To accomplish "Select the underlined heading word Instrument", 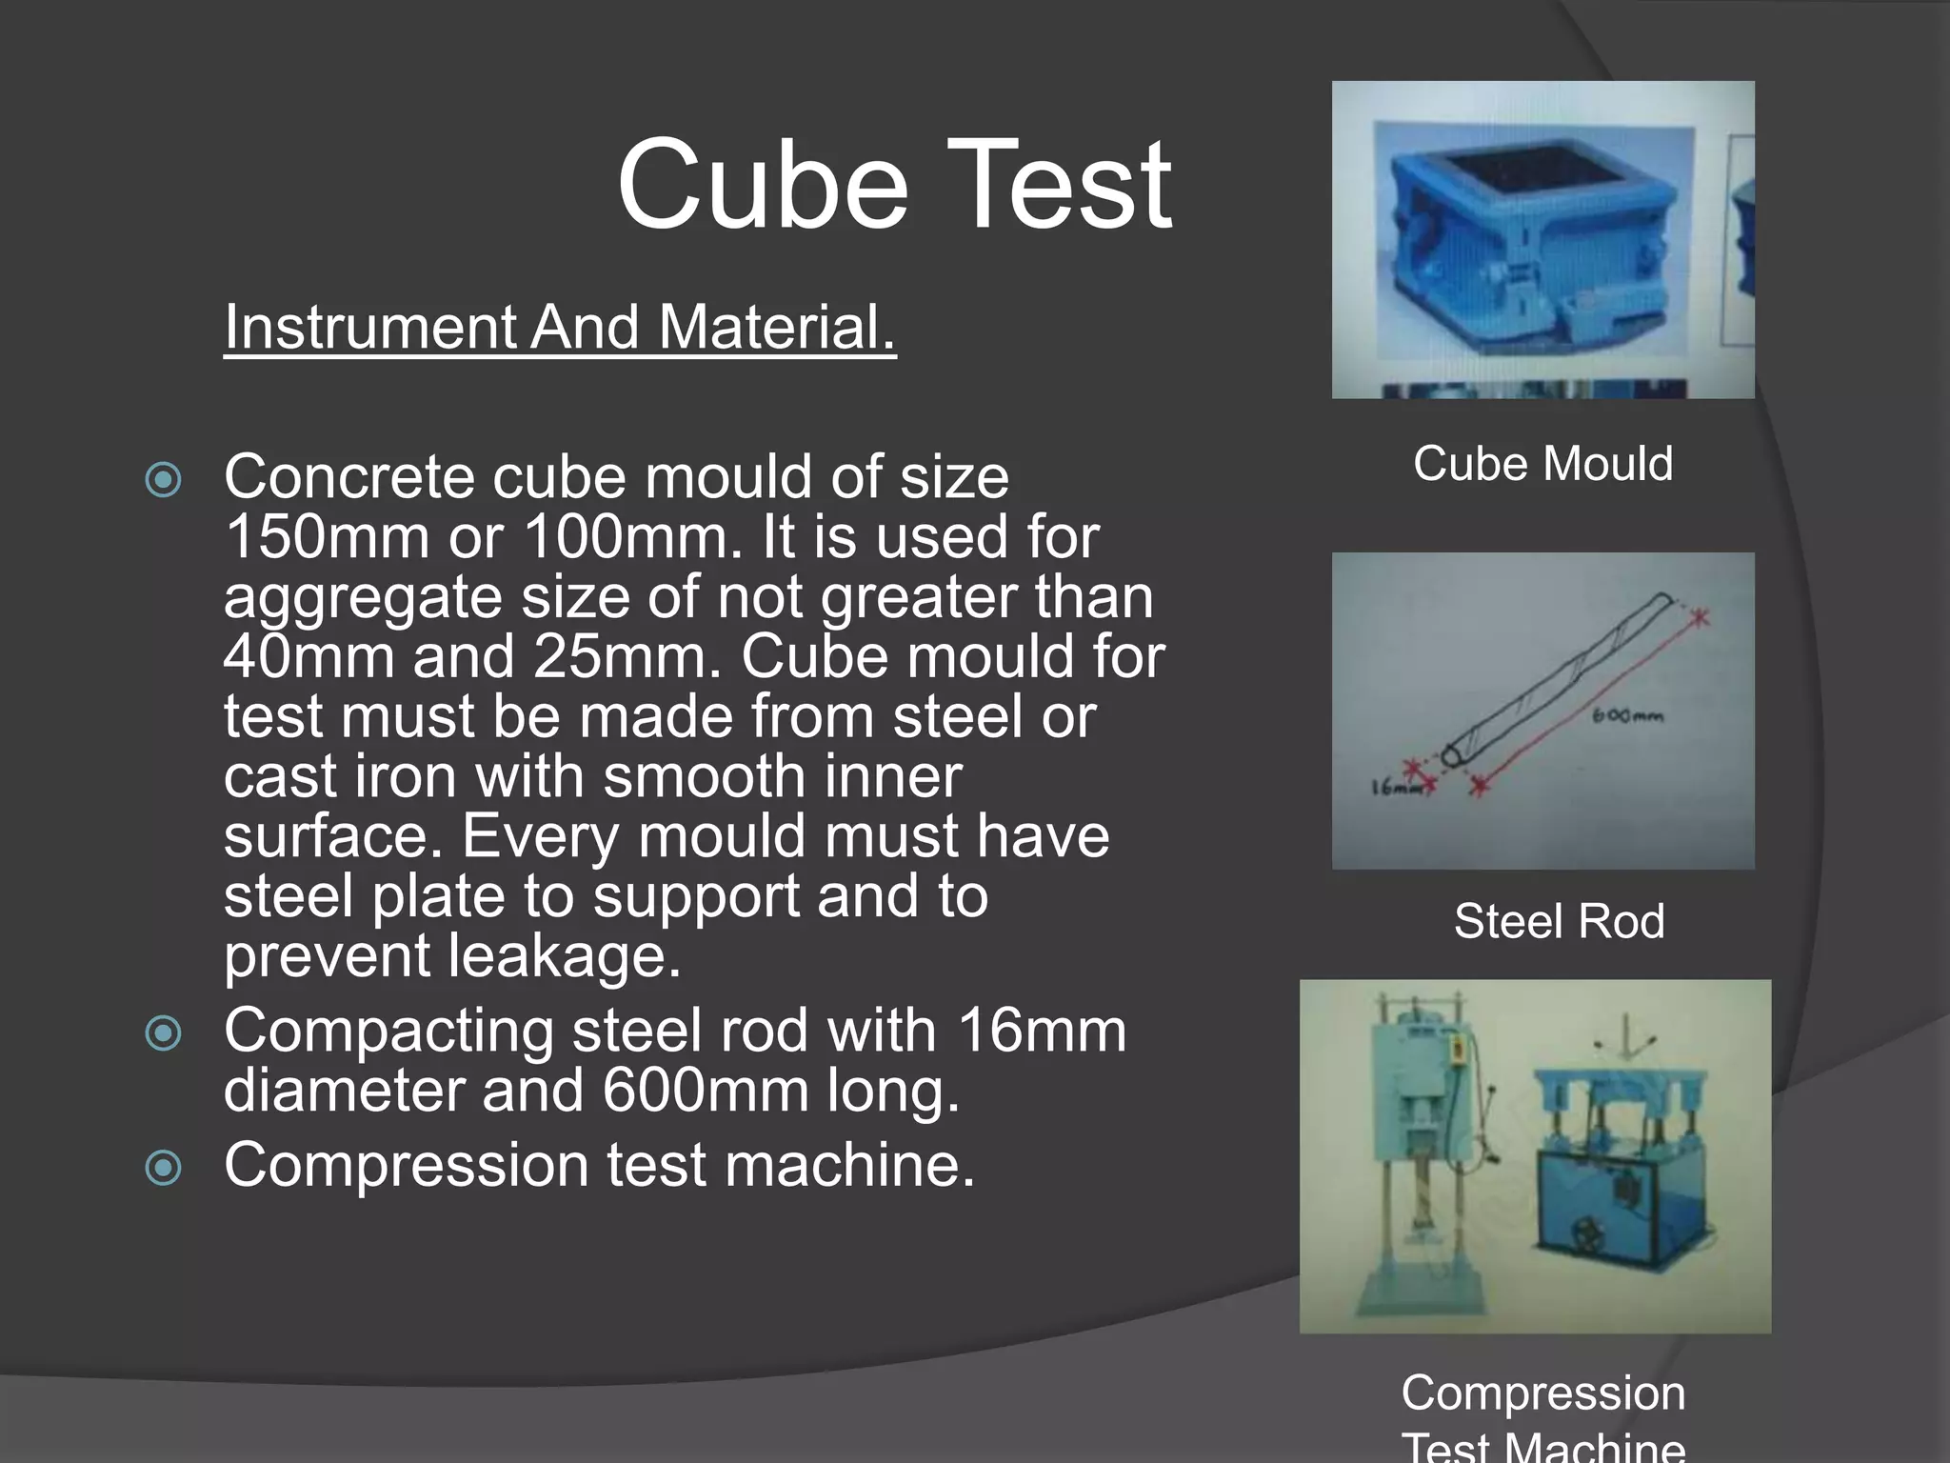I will pyautogui.click(x=369, y=327).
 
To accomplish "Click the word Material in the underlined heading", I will pyautogui.click(x=777, y=327).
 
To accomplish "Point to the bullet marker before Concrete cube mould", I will pyautogui.click(x=163, y=479).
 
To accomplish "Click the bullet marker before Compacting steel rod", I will pyautogui.click(x=163, y=1032).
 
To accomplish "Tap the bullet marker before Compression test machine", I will pyautogui.click(x=163, y=1167).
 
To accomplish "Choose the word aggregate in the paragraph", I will pyautogui.click(x=363, y=597).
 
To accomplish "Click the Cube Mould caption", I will pyautogui.click(x=1542, y=464).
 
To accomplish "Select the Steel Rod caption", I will pyautogui.click(x=1559, y=921).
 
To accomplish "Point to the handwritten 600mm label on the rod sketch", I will pyautogui.click(x=1627, y=715).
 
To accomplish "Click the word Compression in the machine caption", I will pyautogui.click(x=1542, y=1393).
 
